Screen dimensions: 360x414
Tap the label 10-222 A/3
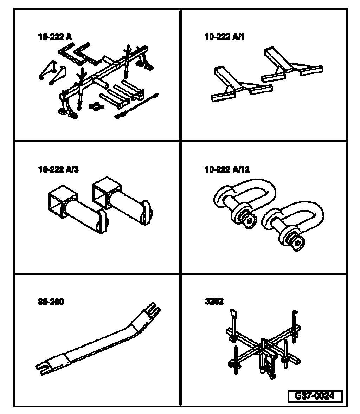tap(58, 169)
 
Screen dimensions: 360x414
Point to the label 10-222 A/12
tap(227, 169)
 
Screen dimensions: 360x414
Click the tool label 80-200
tap(51, 302)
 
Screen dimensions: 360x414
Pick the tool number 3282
tap(214, 302)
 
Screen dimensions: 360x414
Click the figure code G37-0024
tap(315, 396)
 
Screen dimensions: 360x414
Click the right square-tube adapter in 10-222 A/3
tap(123, 204)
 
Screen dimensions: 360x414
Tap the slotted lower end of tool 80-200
tap(46, 365)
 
